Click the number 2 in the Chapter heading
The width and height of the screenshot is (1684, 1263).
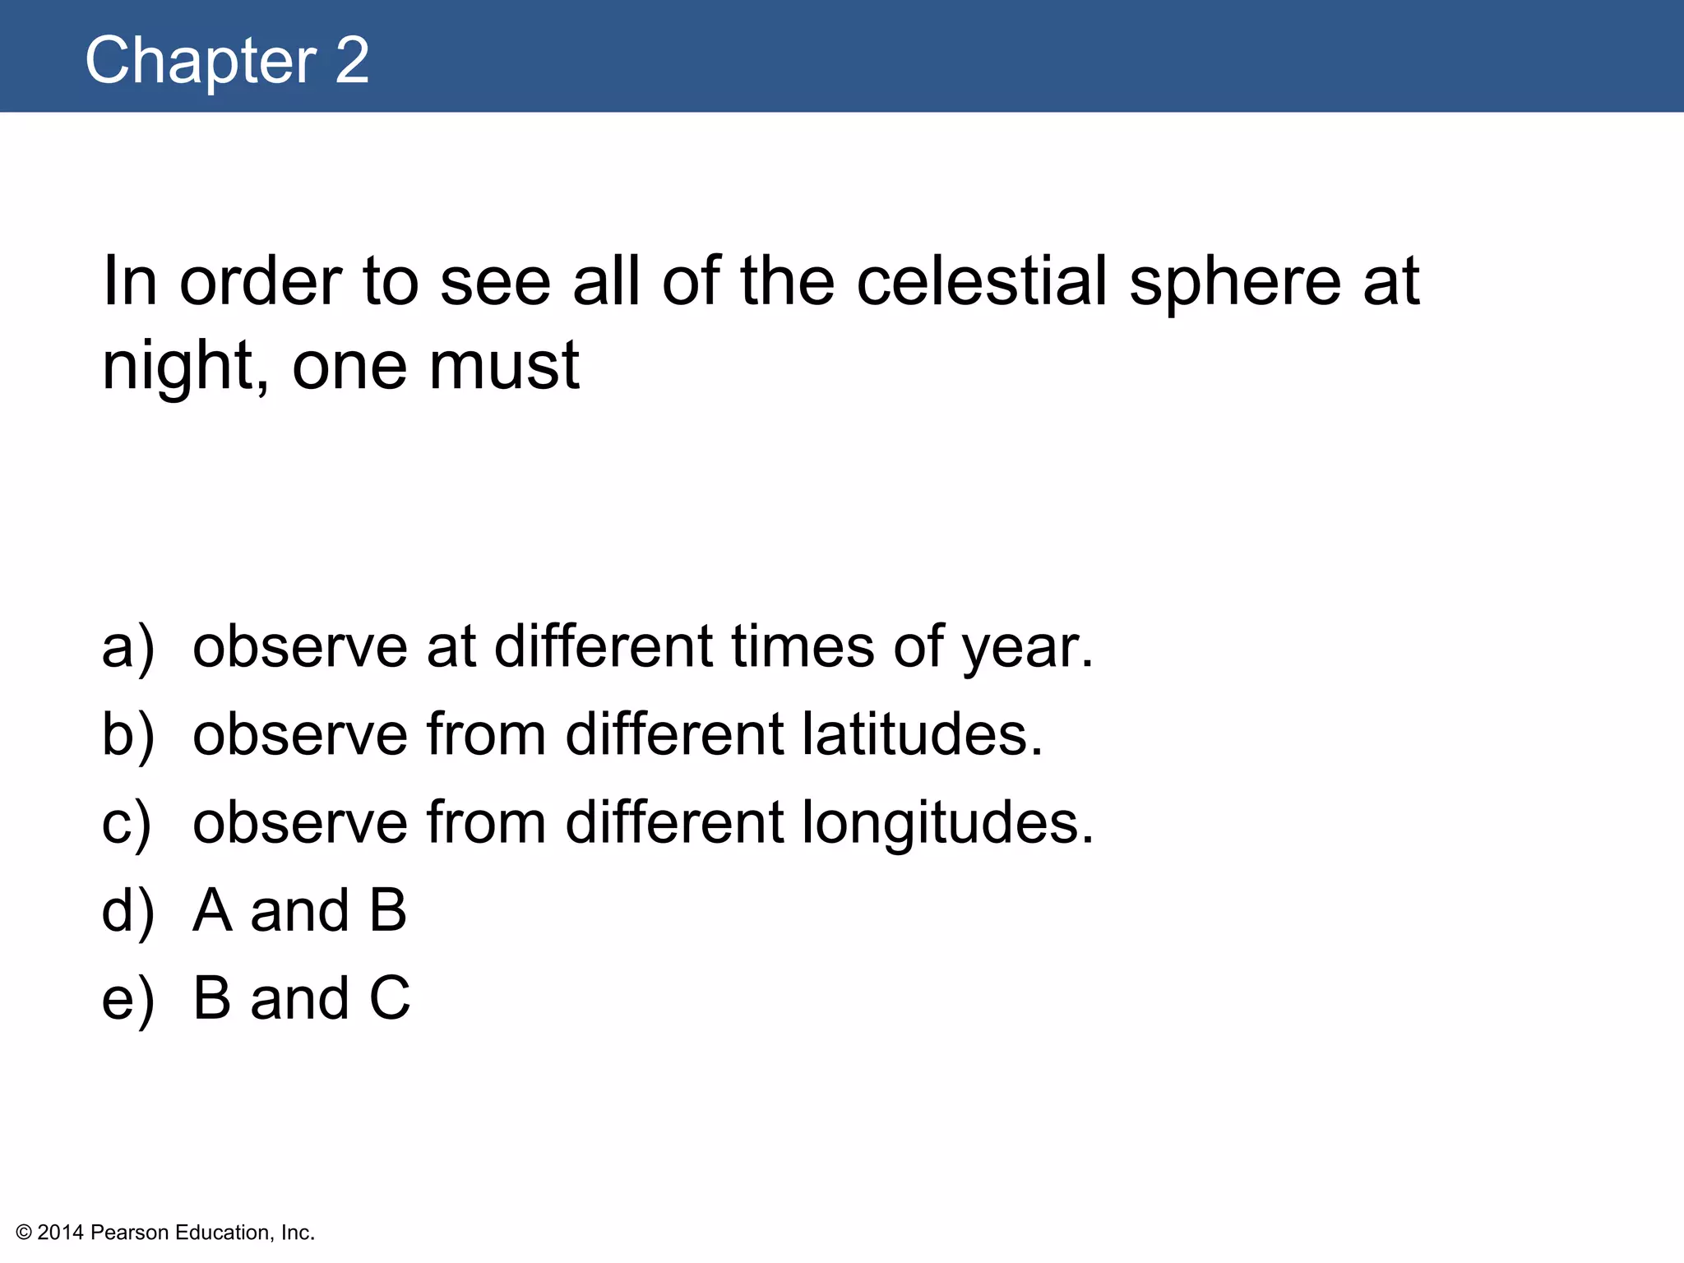[x=353, y=60]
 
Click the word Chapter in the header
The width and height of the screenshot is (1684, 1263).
[x=201, y=60]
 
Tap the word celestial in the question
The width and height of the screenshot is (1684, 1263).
[x=983, y=281]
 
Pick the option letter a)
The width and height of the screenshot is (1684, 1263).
[x=127, y=646]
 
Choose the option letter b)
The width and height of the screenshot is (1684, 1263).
[x=127, y=734]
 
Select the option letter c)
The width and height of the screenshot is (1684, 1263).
[x=127, y=822]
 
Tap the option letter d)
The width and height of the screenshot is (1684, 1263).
[x=127, y=910]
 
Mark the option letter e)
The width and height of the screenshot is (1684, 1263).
[x=127, y=998]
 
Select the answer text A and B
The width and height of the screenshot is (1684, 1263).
[x=300, y=910]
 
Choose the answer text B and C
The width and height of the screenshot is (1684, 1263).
[x=302, y=998]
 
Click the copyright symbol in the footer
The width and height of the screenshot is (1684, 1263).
[x=24, y=1233]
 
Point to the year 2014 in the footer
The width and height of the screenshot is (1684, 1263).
[x=61, y=1233]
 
